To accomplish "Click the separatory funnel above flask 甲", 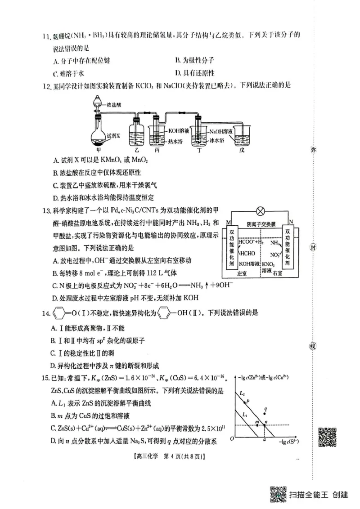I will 97,104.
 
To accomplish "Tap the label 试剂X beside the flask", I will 113,135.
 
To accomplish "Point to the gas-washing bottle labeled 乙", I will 137,133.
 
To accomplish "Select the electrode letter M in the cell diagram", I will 229,222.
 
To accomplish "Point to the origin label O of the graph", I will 231,438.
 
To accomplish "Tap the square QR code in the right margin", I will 328,435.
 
